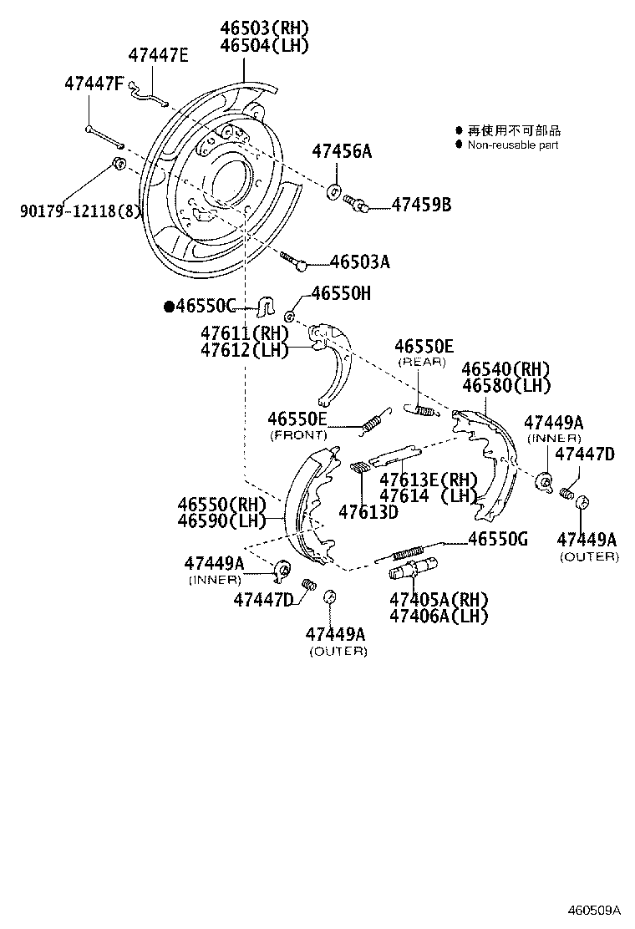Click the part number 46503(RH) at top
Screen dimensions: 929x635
click(x=264, y=28)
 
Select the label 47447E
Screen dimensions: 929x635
click(x=158, y=56)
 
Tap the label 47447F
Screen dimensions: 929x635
click(x=94, y=84)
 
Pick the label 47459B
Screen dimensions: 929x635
click(x=421, y=204)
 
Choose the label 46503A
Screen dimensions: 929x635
click(x=359, y=261)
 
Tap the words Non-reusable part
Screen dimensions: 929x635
click(x=512, y=145)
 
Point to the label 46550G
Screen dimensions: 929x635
click(x=497, y=539)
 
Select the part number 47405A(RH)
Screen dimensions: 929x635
click(x=439, y=599)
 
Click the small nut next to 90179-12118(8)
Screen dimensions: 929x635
click(x=119, y=161)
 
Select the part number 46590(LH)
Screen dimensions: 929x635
click(x=221, y=521)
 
